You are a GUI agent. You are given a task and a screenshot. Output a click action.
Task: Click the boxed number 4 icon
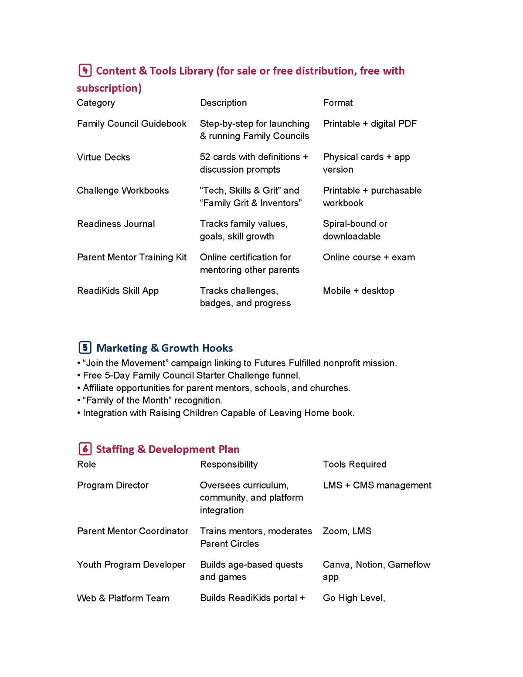85,70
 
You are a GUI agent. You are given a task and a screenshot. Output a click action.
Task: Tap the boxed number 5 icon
85,348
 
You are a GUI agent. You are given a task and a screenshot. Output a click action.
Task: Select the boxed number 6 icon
85,449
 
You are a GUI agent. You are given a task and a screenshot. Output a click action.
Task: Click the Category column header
96,103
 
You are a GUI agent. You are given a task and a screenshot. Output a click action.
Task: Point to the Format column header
338,103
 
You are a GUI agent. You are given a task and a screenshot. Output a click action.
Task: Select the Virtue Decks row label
103,157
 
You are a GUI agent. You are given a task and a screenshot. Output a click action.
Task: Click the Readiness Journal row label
116,224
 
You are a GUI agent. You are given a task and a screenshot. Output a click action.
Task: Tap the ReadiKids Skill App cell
118,291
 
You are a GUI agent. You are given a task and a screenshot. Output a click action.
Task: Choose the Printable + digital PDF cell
370,124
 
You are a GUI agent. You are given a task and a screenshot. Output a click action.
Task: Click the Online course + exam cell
369,257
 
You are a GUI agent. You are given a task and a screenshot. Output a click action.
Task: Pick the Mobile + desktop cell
358,291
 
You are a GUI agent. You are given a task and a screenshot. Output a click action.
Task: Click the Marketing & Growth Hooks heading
164,348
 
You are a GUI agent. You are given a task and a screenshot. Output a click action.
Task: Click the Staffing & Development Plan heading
167,449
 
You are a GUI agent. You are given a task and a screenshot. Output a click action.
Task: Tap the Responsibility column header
229,464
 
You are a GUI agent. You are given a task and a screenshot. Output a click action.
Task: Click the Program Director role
113,485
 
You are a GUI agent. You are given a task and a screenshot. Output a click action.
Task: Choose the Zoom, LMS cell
347,531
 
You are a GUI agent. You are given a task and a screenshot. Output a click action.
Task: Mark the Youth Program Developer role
131,564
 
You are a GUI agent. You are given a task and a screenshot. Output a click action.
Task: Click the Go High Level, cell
354,598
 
